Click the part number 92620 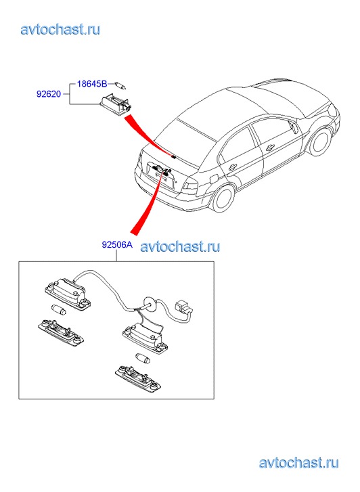click(49, 94)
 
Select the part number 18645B click(92, 84)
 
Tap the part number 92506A click(117, 244)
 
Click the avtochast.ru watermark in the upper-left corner click(60, 30)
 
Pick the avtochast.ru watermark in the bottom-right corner click(299, 463)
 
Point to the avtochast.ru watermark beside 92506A click(180, 246)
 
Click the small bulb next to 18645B click(120, 85)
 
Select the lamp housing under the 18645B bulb click(116, 106)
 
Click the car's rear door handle click(233, 167)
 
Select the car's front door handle click(270, 147)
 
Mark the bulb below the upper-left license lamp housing click(58, 309)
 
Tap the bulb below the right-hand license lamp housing click(143, 357)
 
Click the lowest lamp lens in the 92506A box click(138, 378)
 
